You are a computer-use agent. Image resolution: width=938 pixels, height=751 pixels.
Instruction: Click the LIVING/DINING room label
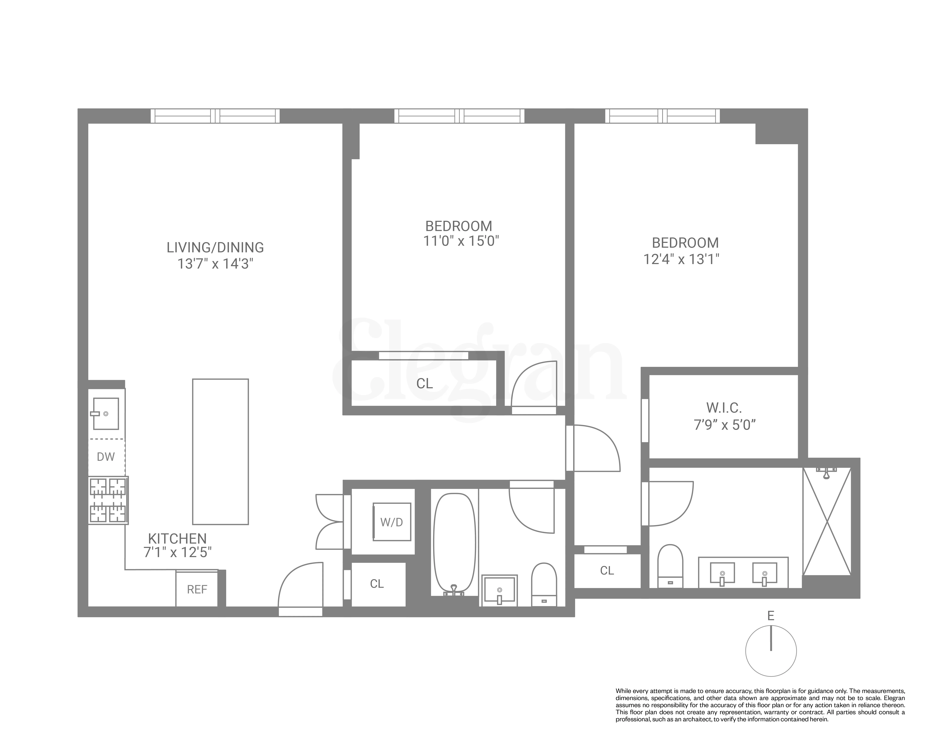pyautogui.click(x=215, y=247)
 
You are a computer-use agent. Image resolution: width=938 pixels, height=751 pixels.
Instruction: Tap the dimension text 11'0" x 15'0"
pyautogui.click(x=461, y=241)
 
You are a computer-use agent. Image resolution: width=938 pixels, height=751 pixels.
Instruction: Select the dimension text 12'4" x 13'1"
pyautogui.click(x=681, y=260)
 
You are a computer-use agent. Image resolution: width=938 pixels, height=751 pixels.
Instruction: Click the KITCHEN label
pyautogui.click(x=177, y=539)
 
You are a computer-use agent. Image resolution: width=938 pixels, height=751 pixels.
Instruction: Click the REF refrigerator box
pyautogui.click(x=197, y=589)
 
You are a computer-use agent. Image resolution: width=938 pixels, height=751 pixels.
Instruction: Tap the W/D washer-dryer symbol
pyautogui.click(x=392, y=522)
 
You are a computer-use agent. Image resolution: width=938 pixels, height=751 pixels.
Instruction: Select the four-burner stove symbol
pyautogui.click(x=108, y=500)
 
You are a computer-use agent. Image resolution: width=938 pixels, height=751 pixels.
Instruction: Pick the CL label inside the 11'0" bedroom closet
pyautogui.click(x=424, y=384)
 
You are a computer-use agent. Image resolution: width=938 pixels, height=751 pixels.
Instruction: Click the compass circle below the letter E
pyautogui.click(x=771, y=651)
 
